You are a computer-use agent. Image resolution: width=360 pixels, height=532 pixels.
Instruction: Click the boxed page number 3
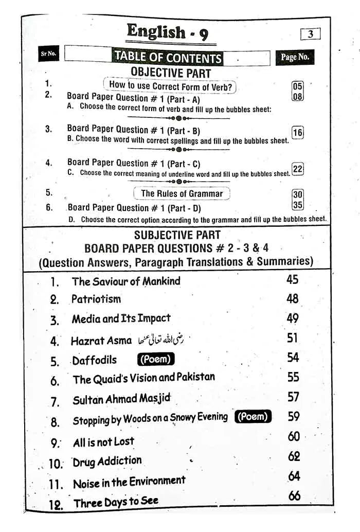(310, 34)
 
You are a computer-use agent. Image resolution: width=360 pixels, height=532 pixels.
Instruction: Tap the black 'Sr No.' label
(48, 54)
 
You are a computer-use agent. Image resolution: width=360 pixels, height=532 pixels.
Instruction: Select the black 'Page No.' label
(295, 57)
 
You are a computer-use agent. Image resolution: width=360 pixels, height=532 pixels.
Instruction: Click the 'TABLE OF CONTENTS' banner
(168, 57)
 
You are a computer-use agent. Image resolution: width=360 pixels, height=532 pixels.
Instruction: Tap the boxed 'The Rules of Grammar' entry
(182, 193)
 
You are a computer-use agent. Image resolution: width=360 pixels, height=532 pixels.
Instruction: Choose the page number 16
(297, 132)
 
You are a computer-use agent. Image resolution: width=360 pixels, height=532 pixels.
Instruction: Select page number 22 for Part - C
(297, 169)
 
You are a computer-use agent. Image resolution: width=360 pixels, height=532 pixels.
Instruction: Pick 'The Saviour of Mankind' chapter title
(126, 281)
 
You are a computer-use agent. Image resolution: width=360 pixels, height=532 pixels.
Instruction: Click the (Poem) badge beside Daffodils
(155, 359)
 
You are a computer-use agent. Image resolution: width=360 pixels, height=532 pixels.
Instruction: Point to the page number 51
(293, 338)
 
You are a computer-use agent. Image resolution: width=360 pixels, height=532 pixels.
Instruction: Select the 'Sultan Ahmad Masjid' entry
(121, 399)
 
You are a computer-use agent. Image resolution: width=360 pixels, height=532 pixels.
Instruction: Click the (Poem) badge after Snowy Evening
(253, 417)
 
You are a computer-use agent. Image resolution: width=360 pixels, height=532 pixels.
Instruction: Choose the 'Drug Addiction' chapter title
(107, 462)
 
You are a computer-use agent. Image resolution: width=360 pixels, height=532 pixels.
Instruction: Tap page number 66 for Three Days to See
(294, 495)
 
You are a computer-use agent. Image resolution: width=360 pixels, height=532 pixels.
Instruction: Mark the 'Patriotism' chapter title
(96, 299)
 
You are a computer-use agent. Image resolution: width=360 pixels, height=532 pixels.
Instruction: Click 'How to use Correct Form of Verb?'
(170, 85)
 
